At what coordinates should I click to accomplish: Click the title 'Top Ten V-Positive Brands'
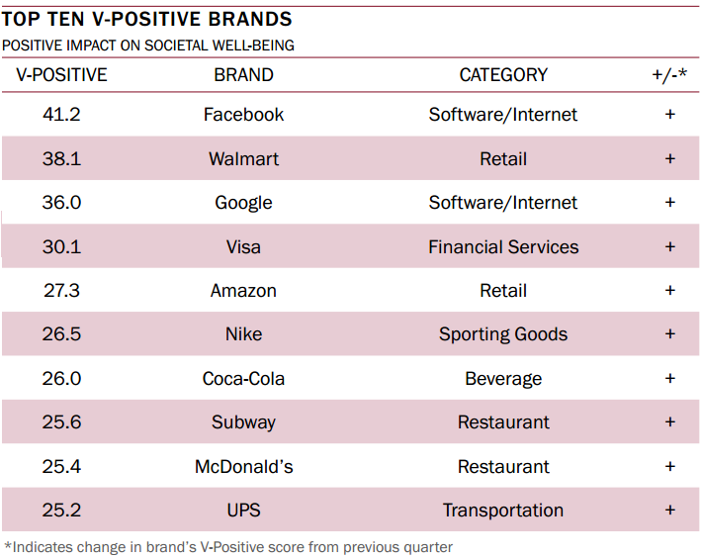pyautogui.click(x=147, y=20)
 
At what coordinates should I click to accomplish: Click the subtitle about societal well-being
pyautogui.click(x=148, y=46)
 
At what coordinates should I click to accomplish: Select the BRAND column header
pyautogui.click(x=243, y=75)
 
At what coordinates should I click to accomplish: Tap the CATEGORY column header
pyautogui.click(x=503, y=75)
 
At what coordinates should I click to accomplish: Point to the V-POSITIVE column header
pyautogui.click(x=61, y=75)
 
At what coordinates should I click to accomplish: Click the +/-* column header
pyautogui.click(x=669, y=75)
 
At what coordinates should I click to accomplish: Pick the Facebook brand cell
pyautogui.click(x=243, y=115)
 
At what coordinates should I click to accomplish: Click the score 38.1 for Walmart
pyautogui.click(x=61, y=159)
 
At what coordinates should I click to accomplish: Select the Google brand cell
pyautogui.click(x=243, y=203)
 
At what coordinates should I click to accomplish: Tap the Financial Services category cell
pyautogui.click(x=503, y=247)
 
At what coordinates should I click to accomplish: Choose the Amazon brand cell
pyautogui.click(x=243, y=291)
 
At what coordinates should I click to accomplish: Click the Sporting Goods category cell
pyautogui.click(x=503, y=334)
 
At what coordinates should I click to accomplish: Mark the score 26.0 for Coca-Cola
pyautogui.click(x=61, y=379)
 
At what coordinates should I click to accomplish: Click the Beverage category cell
pyautogui.click(x=503, y=379)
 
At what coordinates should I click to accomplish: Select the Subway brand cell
pyautogui.click(x=243, y=422)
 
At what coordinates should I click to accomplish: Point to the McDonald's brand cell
pyautogui.click(x=243, y=467)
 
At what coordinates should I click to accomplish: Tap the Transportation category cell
pyautogui.click(x=503, y=511)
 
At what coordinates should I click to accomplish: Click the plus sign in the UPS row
pyautogui.click(x=669, y=511)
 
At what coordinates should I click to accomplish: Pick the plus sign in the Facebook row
pyautogui.click(x=669, y=115)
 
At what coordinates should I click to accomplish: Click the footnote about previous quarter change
pyautogui.click(x=228, y=546)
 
